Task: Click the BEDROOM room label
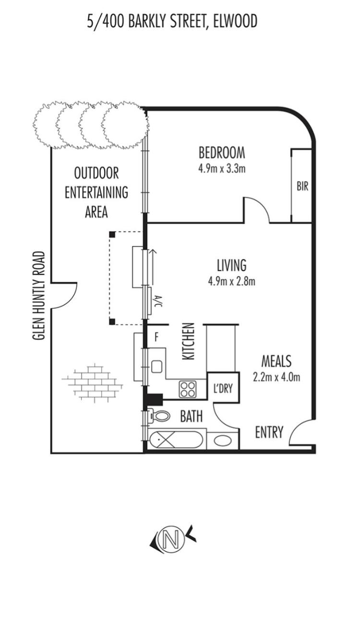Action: pos(222,153)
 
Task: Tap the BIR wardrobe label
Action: pos(302,187)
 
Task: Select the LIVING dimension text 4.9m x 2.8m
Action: pos(232,282)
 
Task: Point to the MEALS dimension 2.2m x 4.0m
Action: pos(276,378)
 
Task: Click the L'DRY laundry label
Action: pos(223,388)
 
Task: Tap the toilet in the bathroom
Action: pos(159,416)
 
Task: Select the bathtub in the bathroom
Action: pos(176,440)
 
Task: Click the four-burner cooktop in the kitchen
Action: pos(188,389)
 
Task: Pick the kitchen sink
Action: pos(156,367)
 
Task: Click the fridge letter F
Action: pos(156,337)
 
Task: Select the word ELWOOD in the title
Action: pos(235,22)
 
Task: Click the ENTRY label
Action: pos(269,432)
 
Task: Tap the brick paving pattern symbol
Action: pos(92,383)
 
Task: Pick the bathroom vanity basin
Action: pos(222,440)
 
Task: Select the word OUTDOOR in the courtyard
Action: pos(96,173)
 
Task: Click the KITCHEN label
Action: pos(189,341)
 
